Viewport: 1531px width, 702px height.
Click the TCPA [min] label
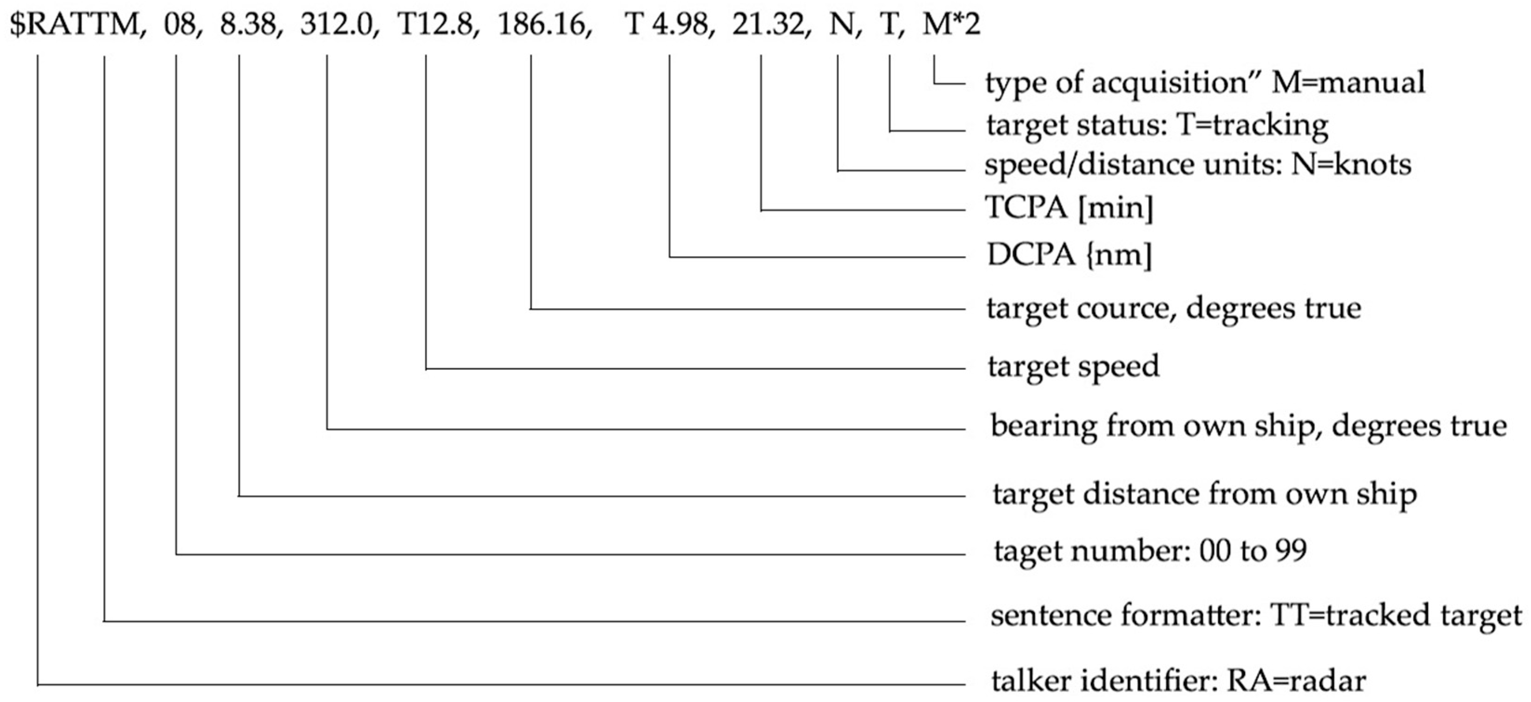click(x=1069, y=208)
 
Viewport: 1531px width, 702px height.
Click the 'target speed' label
click(x=1073, y=367)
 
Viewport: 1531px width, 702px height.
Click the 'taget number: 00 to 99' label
click(x=1150, y=551)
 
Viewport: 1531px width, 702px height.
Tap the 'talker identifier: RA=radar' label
click(x=1179, y=681)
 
